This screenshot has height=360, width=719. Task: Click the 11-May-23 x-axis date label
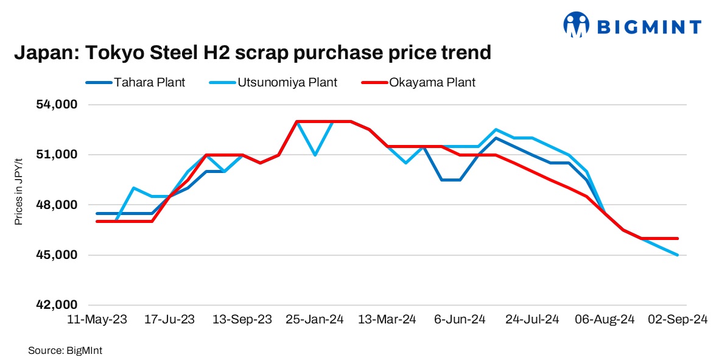click(97, 320)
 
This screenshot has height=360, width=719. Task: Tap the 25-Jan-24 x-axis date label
click(314, 320)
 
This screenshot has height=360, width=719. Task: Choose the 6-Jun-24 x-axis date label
click(459, 320)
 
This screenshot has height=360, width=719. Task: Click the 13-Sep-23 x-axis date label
click(242, 320)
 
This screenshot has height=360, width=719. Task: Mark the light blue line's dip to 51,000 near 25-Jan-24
click(315, 155)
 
